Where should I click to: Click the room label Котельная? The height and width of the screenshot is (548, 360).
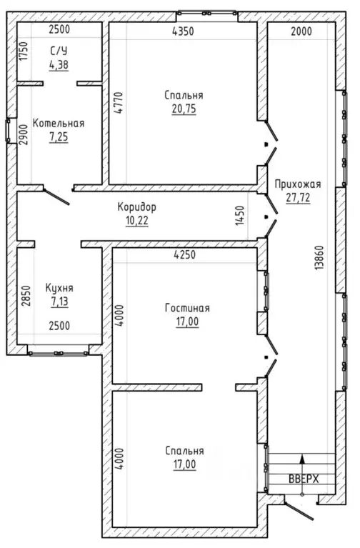[59, 124]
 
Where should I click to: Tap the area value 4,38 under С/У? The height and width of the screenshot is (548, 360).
[59, 64]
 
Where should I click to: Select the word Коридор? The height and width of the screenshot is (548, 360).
[136, 207]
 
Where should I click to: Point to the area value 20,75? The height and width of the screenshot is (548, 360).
[184, 109]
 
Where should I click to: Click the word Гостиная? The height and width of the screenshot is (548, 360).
[187, 308]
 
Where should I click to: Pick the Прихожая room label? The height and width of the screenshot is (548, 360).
[298, 184]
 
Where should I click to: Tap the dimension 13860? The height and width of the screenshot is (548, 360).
[319, 258]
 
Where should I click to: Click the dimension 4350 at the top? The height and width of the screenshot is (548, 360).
[183, 31]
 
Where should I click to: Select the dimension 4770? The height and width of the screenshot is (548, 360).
[119, 104]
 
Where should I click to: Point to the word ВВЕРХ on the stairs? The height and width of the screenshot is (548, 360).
[304, 479]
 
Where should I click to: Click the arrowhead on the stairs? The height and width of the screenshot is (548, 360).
[303, 459]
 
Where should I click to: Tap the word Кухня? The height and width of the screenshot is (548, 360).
[59, 288]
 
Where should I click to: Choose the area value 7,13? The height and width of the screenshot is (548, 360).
[60, 302]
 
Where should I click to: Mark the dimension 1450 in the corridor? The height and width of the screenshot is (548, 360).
[240, 215]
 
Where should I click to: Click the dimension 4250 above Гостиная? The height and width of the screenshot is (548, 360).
[184, 255]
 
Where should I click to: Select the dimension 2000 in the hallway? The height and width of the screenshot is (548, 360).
[301, 31]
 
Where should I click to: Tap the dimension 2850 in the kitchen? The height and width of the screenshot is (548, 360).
[26, 296]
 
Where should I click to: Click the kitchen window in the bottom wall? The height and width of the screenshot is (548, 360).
[58, 354]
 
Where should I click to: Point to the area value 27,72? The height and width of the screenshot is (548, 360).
[298, 198]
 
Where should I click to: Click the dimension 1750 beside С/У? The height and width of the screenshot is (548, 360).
[24, 51]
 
